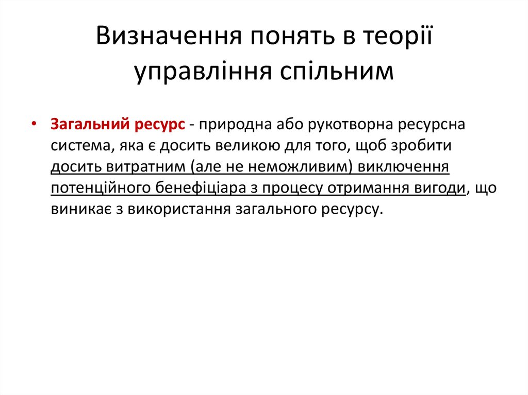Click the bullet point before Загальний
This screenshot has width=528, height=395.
pyautogui.click(x=34, y=126)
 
